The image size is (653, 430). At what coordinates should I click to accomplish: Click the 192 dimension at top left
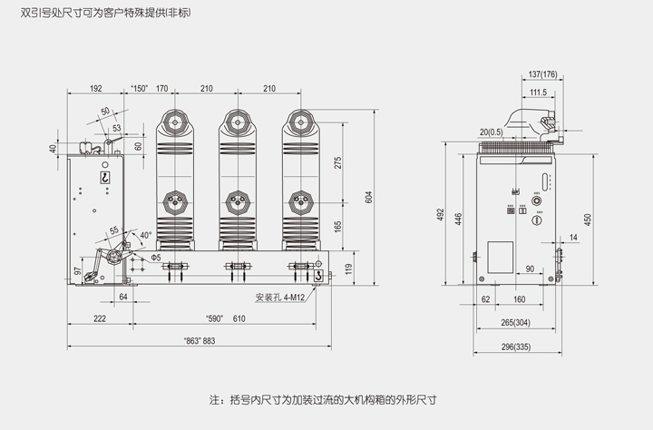[x=95, y=89]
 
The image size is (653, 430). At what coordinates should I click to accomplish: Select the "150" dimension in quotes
[x=140, y=89]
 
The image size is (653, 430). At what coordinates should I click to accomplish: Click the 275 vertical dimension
[x=337, y=163]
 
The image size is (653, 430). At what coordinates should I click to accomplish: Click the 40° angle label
[x=144, y=236]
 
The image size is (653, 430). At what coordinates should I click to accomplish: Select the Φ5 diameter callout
[x=155, y=258]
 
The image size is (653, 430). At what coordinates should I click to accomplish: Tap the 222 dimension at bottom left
[x=99, y=318]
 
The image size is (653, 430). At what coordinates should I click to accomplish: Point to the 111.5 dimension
[x=538, y=93]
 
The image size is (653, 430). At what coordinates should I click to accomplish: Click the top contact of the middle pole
[x=238, y=119]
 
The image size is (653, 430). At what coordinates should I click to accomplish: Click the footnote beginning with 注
[x=329, y=399]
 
